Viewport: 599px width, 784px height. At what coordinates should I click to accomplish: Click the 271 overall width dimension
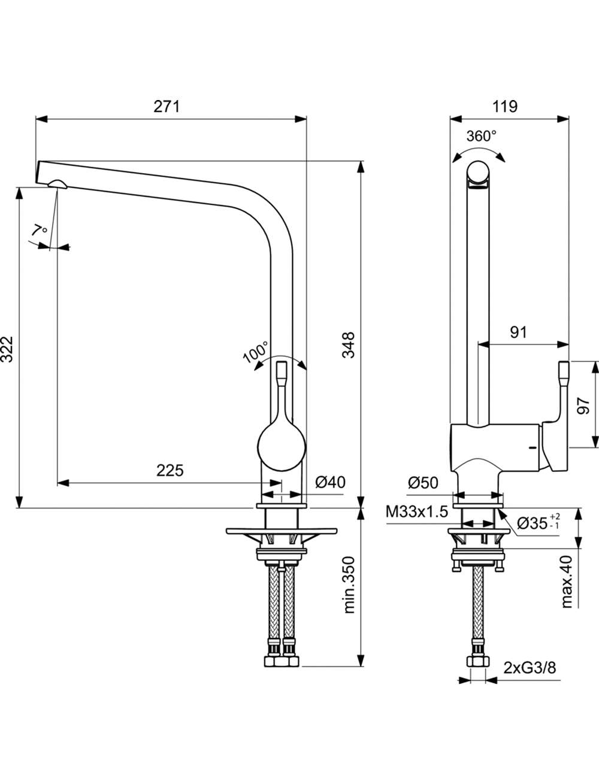tap(167, 107)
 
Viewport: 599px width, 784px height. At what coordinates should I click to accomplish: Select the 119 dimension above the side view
tap(505, 107)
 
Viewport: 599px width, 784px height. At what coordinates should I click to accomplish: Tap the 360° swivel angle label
tap(481, 136)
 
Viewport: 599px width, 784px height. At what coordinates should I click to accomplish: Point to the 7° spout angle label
tap(38, 229)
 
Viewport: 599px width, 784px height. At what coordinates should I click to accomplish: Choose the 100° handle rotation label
tap(255, 352)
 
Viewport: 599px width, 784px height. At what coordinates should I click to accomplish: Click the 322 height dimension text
tap(7, 349)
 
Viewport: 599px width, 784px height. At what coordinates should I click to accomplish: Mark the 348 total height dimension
tap(348, 344)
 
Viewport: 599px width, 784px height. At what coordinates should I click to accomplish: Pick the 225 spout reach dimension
tap(170, 471)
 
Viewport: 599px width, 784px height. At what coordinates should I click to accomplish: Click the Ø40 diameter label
tap(331, 483)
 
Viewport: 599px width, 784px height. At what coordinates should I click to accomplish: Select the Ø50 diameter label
tap(423, 483)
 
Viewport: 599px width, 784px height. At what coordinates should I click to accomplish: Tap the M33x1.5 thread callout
tap(417, 512)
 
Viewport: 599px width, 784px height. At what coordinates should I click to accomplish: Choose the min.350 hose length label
tap(349, 585)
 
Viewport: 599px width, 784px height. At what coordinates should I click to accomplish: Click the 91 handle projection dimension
tap(518, 332)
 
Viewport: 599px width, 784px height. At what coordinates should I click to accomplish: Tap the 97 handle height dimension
tap(583, 405)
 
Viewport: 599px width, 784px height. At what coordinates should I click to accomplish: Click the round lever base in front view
tap(282, 446)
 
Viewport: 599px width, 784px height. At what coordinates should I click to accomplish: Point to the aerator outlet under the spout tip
tap(57, 184)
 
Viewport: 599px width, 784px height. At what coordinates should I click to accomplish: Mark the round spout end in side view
tap(477, 173)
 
